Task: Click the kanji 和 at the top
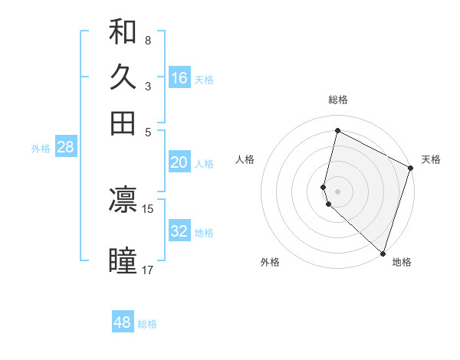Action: (123, 32)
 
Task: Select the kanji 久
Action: (123, 77)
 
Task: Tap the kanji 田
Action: (123, 123)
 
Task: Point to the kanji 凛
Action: (123, 201)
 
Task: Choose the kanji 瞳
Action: (123, 260)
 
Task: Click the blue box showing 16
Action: (179, 78)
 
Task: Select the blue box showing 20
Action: (179, 162)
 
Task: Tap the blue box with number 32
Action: (179, 231)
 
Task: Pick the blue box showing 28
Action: (65, 148)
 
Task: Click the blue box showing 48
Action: (123, 322)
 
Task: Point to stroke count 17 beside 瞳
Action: (148, 270)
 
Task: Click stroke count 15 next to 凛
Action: (148, 208)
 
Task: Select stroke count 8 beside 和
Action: (148, 40)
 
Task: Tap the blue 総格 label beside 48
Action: (147, 324)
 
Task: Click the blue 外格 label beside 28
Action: (41, 149)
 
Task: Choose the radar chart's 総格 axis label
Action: (338, 100)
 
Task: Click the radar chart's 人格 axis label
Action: (245, 159)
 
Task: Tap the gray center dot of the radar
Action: (338, 191)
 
